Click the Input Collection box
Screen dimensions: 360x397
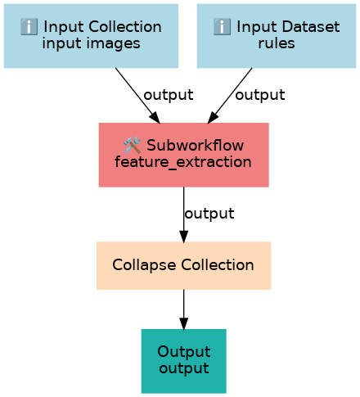click(91, 36)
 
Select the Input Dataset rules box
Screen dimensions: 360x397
click(277, 36)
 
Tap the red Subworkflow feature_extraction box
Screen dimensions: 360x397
click(184, 155)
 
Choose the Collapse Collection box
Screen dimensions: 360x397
click(184, 265)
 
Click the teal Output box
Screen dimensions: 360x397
click(184, 361)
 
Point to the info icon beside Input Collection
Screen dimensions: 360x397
click(29, 26)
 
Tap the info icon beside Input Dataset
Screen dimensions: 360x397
click(222, 26)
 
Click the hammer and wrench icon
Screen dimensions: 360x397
click(133, 145)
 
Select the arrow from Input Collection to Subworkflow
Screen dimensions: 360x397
click(137, 96)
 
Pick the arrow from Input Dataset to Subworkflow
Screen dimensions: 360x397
click(230, 96)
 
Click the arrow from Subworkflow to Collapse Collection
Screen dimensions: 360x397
click(184, 214)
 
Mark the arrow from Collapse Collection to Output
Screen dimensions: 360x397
click(184, 309)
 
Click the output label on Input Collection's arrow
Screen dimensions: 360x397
click(169, 95)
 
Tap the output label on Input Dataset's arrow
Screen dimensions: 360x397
click(260, 95)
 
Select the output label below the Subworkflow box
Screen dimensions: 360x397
click(209, 214)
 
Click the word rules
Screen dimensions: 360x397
click(277, 43)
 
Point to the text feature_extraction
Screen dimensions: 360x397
click(183, 162)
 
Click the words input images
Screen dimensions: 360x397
click(91, 44)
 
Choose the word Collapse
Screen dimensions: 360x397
click(144, 265)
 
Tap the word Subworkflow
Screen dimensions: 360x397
click(196, 145)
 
